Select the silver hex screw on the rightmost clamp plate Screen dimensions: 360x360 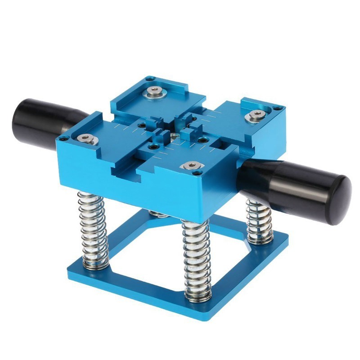pos(256,115)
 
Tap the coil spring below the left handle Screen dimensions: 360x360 pos(93,229)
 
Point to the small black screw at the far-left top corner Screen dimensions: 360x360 pos(64,138)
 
